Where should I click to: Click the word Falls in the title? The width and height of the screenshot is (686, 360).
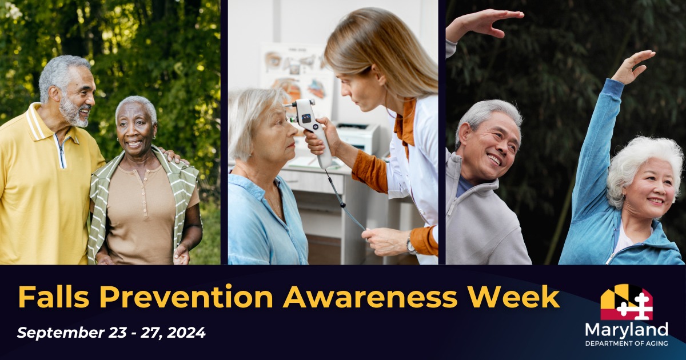pos(54,297)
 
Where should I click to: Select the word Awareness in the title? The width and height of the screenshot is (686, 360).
pos(370,297)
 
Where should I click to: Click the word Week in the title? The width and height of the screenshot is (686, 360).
pos(514,297)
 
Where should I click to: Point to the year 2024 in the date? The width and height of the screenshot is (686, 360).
pos(186,333)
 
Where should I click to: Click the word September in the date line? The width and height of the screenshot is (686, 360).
pos(61,333)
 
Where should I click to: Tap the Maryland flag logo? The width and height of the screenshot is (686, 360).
pos(627,302)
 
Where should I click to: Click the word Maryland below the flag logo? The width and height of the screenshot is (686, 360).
pos(627,331)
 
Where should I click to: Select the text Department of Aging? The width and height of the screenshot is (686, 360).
pos(627,343)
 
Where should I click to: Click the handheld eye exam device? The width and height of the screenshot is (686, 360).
pos(309,129)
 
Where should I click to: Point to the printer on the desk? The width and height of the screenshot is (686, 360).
pos(358,138)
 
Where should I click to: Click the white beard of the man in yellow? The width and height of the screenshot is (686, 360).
pos(73,113)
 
